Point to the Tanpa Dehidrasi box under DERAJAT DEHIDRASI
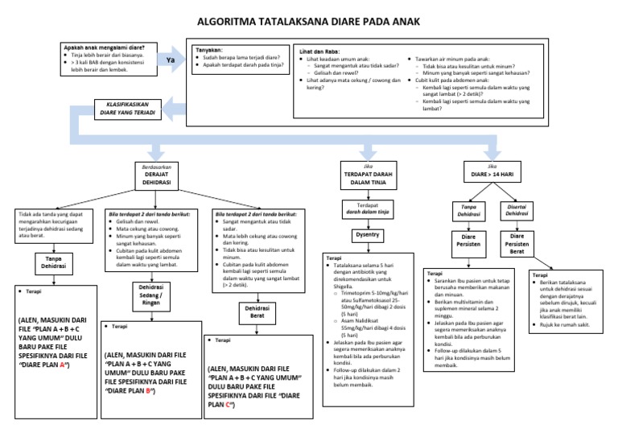tap(53, 261)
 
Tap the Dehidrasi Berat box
tap(257, 311)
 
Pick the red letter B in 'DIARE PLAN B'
tap(149, 391)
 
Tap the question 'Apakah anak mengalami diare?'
tap(109, 47)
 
